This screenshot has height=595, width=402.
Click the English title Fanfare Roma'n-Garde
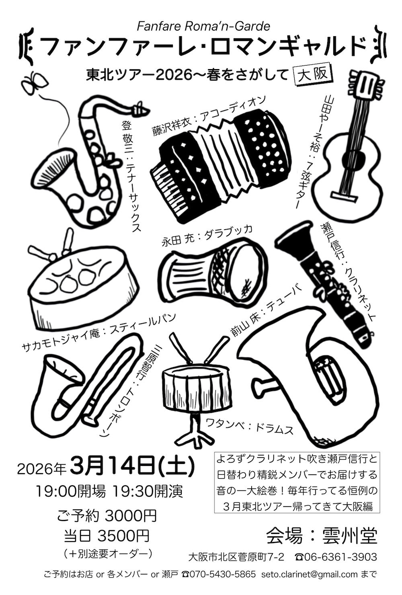[203, 26]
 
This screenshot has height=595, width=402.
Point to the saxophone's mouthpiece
[141, 108]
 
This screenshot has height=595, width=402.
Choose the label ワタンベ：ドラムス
[250, 427]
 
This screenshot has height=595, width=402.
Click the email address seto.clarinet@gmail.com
[310, 582]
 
